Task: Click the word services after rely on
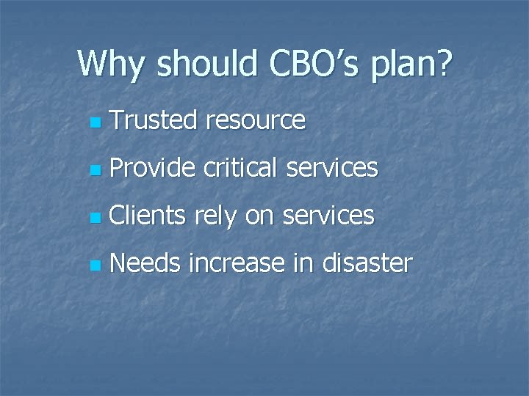(x=328, y=216)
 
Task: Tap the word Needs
(x=145, y=263)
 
